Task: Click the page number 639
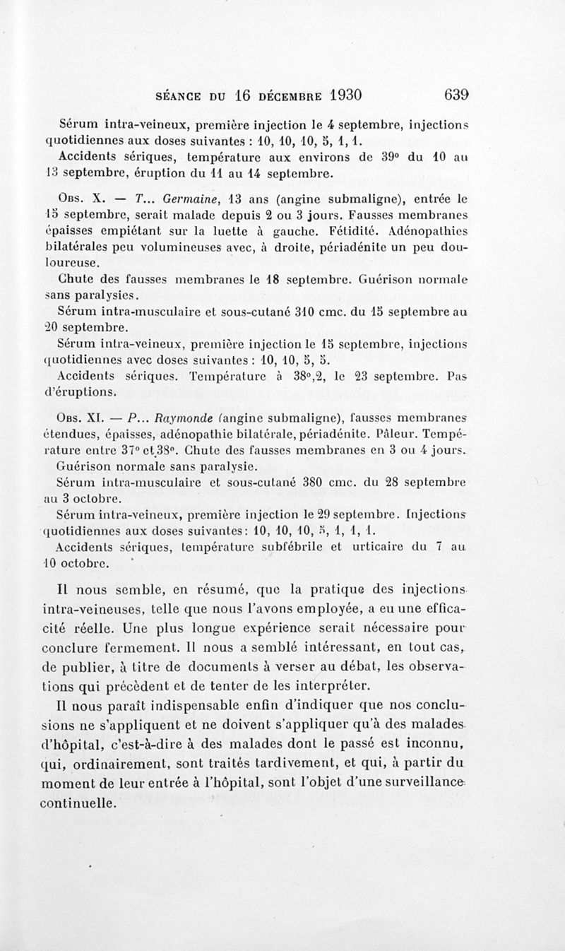pos(458,95)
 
